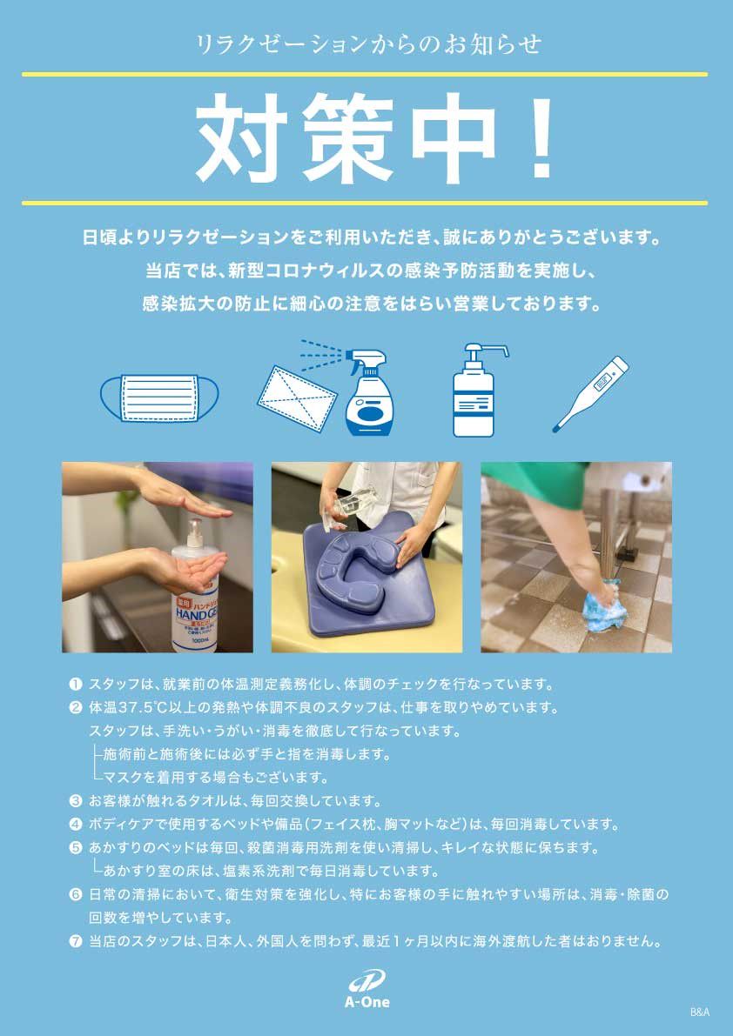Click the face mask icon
pos(159,398)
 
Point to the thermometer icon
pos(590,394)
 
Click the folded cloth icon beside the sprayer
pos(297,395)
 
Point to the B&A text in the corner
pos(699,1013)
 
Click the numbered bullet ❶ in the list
pos(76,683)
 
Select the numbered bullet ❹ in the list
pos(76,824)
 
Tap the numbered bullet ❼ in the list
pos(76,942)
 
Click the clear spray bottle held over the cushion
pos(356,507)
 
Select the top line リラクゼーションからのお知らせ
pos(368,44)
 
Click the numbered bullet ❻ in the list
pos(76,894)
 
